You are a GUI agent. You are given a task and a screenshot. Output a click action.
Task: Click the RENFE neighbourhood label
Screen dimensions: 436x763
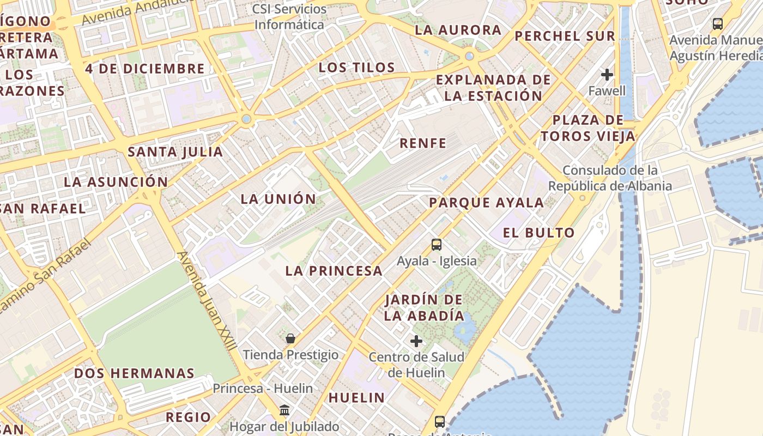(x=423, y=143)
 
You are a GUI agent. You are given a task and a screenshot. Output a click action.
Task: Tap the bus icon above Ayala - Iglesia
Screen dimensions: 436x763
(x=437, y=244)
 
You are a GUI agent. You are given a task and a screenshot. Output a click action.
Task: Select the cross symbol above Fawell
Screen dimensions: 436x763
(x=607, y=75)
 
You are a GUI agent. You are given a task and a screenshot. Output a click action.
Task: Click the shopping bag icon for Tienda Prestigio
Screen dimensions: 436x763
(x=290, y=338)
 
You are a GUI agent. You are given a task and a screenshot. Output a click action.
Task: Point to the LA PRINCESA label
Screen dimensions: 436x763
(x=334, y=271)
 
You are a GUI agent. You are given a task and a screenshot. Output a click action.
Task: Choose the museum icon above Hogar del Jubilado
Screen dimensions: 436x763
(x=284, y=410)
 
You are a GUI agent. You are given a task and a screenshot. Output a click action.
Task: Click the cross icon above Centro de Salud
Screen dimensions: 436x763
(x=416, y=341)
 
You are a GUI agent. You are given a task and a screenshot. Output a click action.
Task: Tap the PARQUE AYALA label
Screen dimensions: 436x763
(x=486, y=203)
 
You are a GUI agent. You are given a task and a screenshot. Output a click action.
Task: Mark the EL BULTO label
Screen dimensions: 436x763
(x=538, y=233)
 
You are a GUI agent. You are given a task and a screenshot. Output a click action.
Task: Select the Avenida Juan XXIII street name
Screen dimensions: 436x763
(x=207, y=300)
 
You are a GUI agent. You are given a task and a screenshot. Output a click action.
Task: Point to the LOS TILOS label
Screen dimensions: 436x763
(x=356, y=68)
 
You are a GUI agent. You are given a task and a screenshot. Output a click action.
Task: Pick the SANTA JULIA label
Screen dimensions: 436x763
(x=175, y=152)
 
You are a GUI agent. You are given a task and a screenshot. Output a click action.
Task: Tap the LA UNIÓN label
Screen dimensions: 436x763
(x=278, y=199)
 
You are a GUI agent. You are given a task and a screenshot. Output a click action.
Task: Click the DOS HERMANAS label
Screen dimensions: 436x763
(x=134, y=373)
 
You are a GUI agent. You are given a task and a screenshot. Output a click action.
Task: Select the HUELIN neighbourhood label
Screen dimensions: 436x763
(x=356, y=398)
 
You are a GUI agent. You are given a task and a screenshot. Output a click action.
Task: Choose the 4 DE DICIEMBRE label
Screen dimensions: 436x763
(x=145, y=69)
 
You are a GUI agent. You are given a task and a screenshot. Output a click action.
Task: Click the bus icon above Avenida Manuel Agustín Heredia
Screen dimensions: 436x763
(x=717, y=24)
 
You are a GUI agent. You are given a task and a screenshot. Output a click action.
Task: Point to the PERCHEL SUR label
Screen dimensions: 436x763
(x=565, y=36)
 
